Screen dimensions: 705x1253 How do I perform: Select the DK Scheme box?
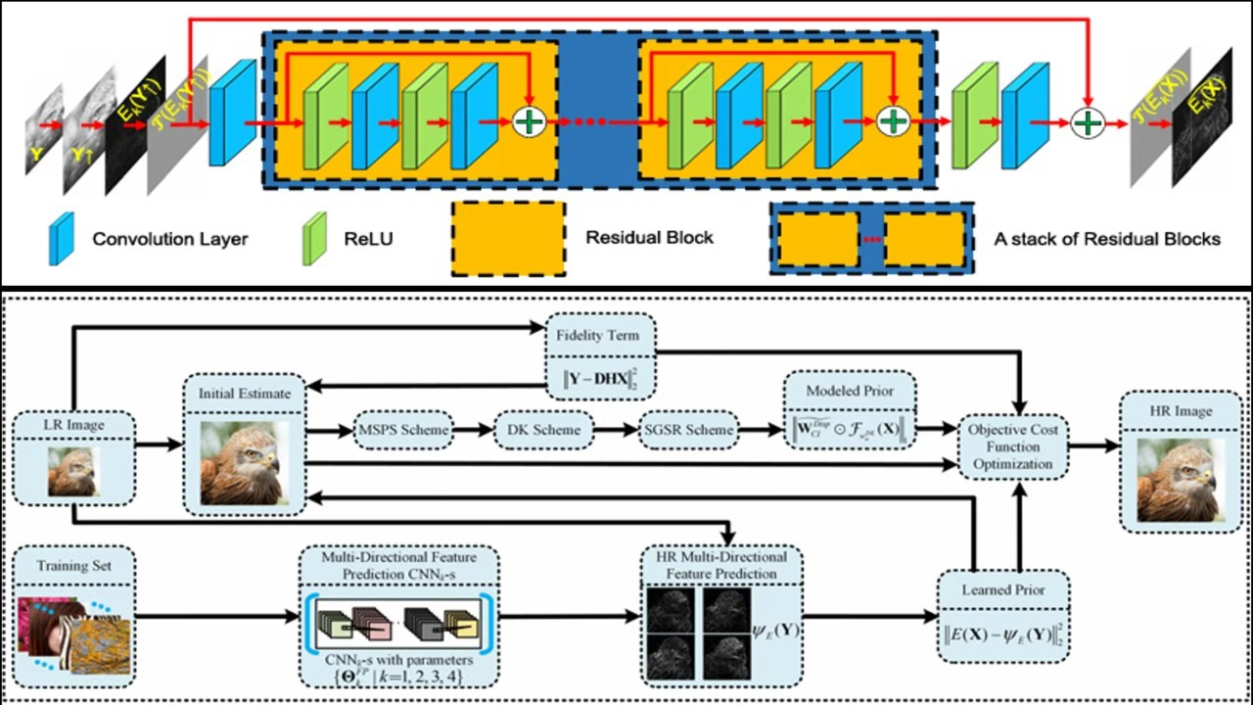(x=543, y=430)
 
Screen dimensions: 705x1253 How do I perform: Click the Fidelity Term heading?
(x=600, y=335)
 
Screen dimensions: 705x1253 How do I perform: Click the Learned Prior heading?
(x=1002, y=590)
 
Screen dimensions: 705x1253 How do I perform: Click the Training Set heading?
(x=75, y=566)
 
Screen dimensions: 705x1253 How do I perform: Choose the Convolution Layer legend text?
(x=170, y=238)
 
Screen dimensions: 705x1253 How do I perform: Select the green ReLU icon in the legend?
(x=313, y=238)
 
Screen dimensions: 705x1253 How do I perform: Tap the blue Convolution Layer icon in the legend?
(x=61, y=238)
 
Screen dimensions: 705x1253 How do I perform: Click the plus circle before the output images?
(x=1087, y=122)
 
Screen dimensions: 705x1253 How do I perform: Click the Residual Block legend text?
(x=649, y=237)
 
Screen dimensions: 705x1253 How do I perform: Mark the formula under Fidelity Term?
(x=600, y=374)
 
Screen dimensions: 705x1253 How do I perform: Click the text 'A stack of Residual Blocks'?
(x=1107, y=238)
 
